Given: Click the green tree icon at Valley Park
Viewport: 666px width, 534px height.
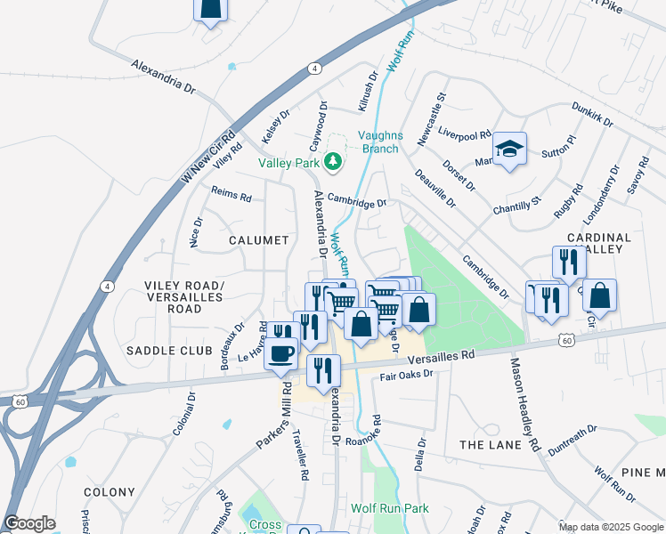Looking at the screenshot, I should [332, 161].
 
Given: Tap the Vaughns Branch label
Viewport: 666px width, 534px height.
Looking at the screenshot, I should [379, 142].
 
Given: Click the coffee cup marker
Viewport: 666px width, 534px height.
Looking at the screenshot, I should [280, 352].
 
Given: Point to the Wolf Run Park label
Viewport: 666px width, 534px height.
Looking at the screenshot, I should [389, 509].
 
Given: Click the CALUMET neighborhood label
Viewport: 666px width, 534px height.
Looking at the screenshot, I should [258, 240].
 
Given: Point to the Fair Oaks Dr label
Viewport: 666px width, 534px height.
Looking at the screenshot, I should [406, 376].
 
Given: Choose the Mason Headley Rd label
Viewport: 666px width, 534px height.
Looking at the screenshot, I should [524, 402].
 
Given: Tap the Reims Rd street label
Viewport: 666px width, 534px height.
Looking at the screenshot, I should [231, 194].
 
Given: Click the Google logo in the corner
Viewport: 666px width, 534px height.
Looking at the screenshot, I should [29, 523].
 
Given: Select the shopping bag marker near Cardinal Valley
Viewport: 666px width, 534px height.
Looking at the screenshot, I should [600, 295].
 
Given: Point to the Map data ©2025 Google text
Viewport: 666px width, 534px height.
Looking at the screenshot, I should [610, 527].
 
